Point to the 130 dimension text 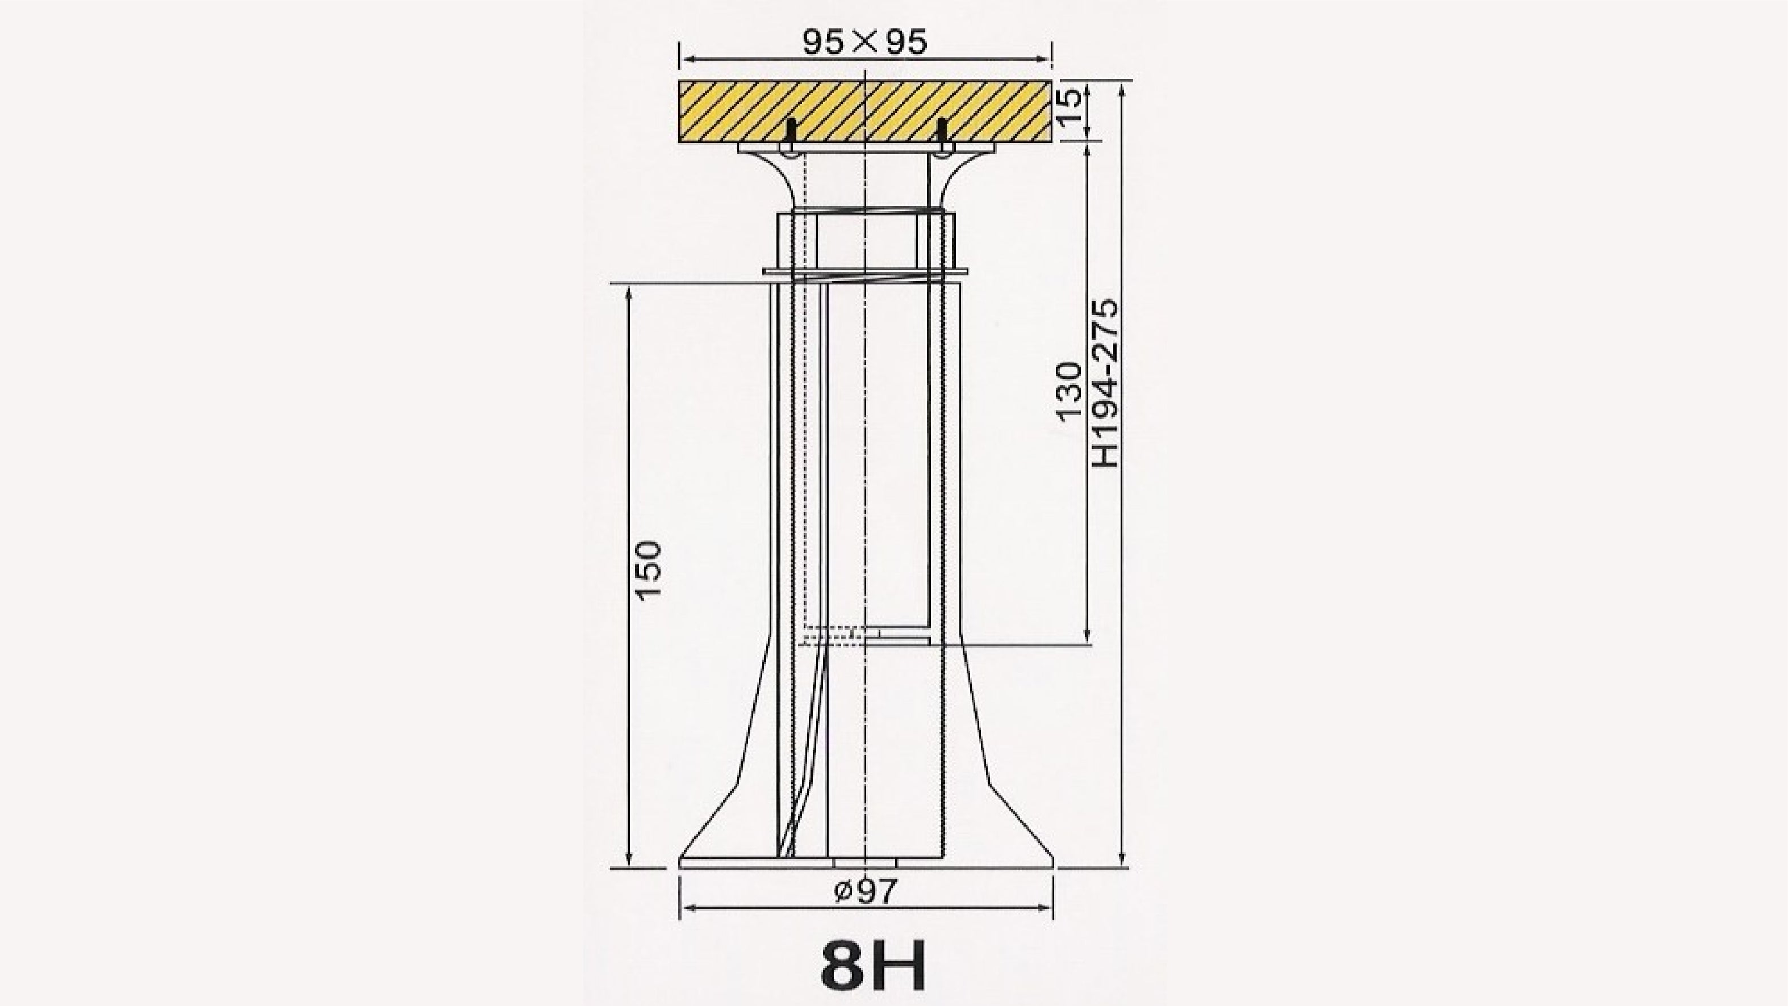[x=1069, y=391]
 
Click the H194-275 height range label [x=1105, y=383]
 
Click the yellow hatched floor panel [x=865, y=112]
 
